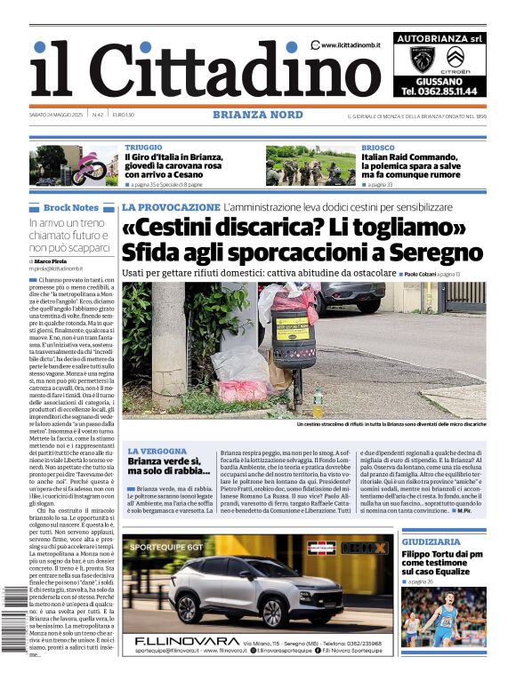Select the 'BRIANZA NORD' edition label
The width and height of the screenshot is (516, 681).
tap(257, 115)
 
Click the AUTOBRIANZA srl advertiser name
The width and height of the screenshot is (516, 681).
tap(439, 39)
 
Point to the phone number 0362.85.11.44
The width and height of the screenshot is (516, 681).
tap(439, 91)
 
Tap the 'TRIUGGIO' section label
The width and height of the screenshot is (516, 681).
tap(143, 148)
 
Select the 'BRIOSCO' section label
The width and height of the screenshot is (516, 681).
tap(378, 148)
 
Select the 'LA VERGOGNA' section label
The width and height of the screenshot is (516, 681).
tap(157, 452)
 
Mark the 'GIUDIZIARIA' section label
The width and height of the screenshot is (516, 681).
tap(431, 541)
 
